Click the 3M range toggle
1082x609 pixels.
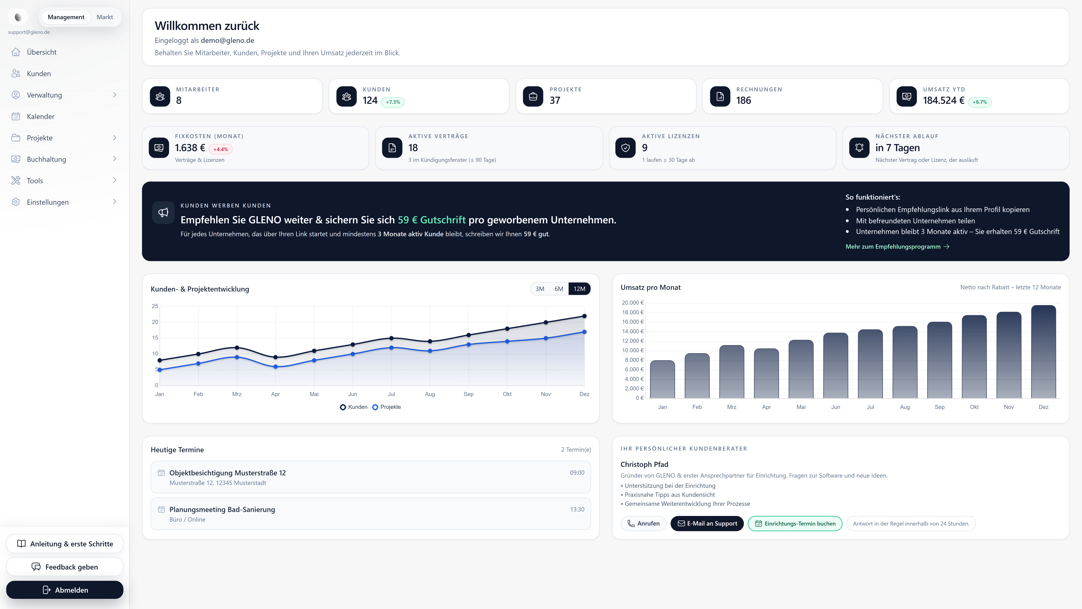(x=540, y=289)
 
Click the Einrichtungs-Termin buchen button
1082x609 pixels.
(x=795, y=523)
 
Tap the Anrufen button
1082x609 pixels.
(x=643, y=523)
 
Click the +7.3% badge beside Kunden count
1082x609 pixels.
(x=393, y=102)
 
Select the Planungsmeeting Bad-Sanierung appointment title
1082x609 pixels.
(x=222, y=509)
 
